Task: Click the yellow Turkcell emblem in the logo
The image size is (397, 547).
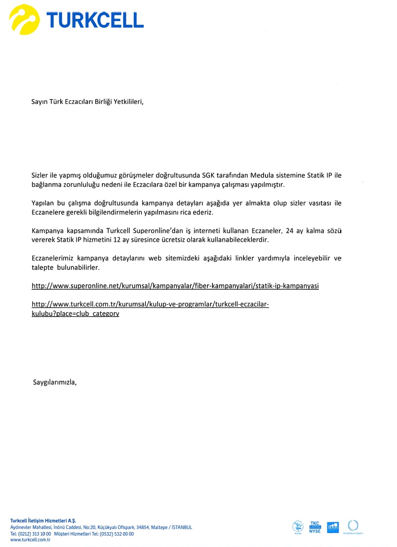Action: coord(25,19)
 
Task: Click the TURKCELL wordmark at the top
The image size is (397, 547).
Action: coord(95,20)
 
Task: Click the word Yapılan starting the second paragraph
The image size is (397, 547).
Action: coord(42,203)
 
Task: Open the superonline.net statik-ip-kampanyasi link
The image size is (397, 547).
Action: coord(175,286)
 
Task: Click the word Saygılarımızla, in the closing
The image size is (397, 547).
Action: coord(55,382)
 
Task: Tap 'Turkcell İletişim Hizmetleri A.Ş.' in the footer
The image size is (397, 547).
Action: coord(43,521)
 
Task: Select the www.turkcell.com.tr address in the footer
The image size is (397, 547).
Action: coord(30,540)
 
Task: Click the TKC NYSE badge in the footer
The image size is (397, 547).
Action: coord(315,527)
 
